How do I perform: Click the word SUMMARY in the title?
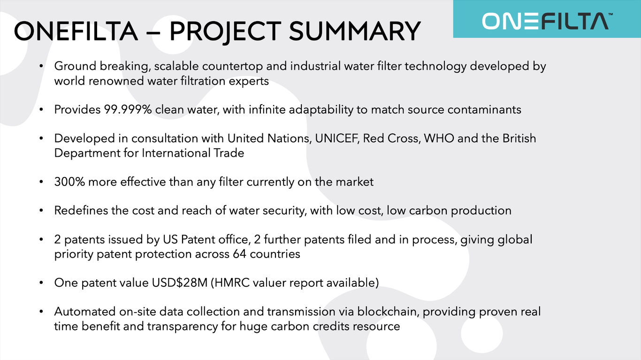355,31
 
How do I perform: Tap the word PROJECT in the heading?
226,32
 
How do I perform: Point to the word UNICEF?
337,138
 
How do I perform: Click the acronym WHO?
439,138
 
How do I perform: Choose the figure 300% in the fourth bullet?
69,182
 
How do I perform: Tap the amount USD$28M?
179,283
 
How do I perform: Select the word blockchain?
388,312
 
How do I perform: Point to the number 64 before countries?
239,254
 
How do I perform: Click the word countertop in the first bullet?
232,66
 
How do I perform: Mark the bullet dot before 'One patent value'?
41,283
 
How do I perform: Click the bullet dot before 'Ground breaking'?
41,66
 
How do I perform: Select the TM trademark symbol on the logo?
610,14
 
